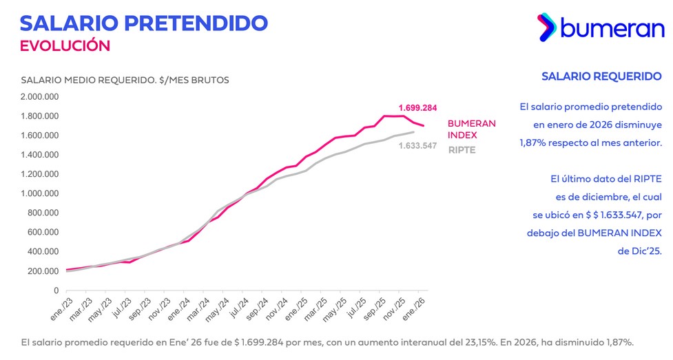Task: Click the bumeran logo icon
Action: pos(547,26)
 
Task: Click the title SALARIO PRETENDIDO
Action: pos(144,22)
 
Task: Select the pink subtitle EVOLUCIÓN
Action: pos(65,45)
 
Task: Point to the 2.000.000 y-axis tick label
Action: pos(40,96)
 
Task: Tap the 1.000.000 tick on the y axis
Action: pos(40,193)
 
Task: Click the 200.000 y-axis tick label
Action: pos(43,271)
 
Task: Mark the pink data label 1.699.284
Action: pos(417,108)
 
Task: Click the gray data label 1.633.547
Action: pos(417,146)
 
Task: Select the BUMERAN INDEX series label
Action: pos(471,129)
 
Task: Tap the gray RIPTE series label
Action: pos(462,150)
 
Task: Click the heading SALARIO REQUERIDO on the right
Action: pos(601,76)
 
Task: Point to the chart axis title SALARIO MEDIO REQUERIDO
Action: pos(125,80)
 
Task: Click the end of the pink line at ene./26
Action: pos(423,125)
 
